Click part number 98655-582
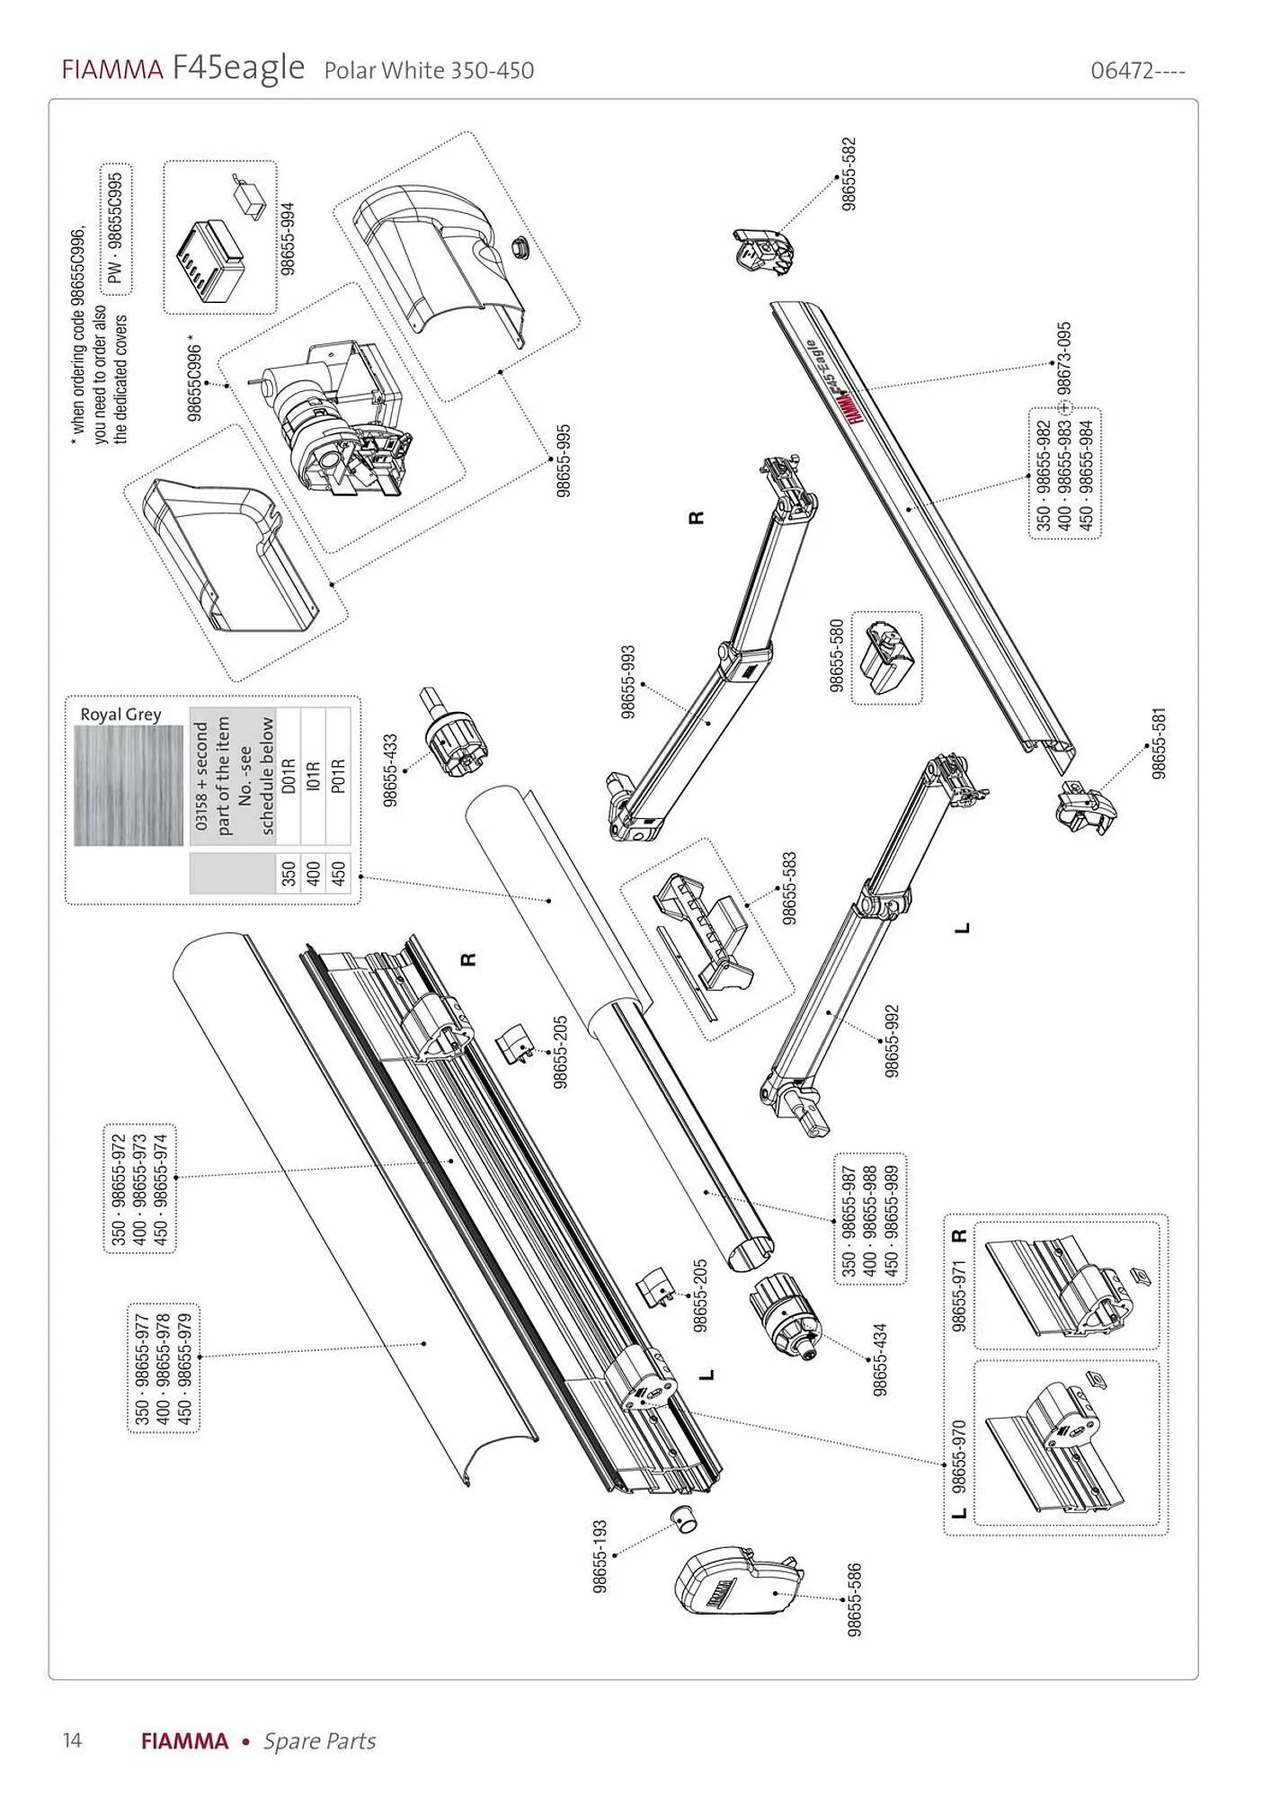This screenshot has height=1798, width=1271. coord(849,174)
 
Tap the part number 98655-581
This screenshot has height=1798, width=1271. coord(1160,743)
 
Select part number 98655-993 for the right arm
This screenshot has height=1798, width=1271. coord(628,681)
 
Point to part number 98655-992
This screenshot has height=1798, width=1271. coord(891,1040)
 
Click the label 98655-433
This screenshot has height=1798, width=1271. coord(390,770)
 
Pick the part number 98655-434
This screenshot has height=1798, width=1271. coord(880,1358)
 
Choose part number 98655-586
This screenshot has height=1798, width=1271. coord(855,1599)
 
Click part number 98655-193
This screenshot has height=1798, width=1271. coord(600,1556)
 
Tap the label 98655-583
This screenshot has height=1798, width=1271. coord(790,887)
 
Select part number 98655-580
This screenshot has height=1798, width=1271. coord(837,655)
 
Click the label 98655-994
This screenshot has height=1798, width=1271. coord(287,238)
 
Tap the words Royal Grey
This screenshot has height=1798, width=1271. coord(121,715)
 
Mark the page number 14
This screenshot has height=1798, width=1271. coord(72,1740)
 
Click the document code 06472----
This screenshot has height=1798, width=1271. coord(1138,71)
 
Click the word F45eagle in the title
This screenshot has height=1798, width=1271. coord(238,68)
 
